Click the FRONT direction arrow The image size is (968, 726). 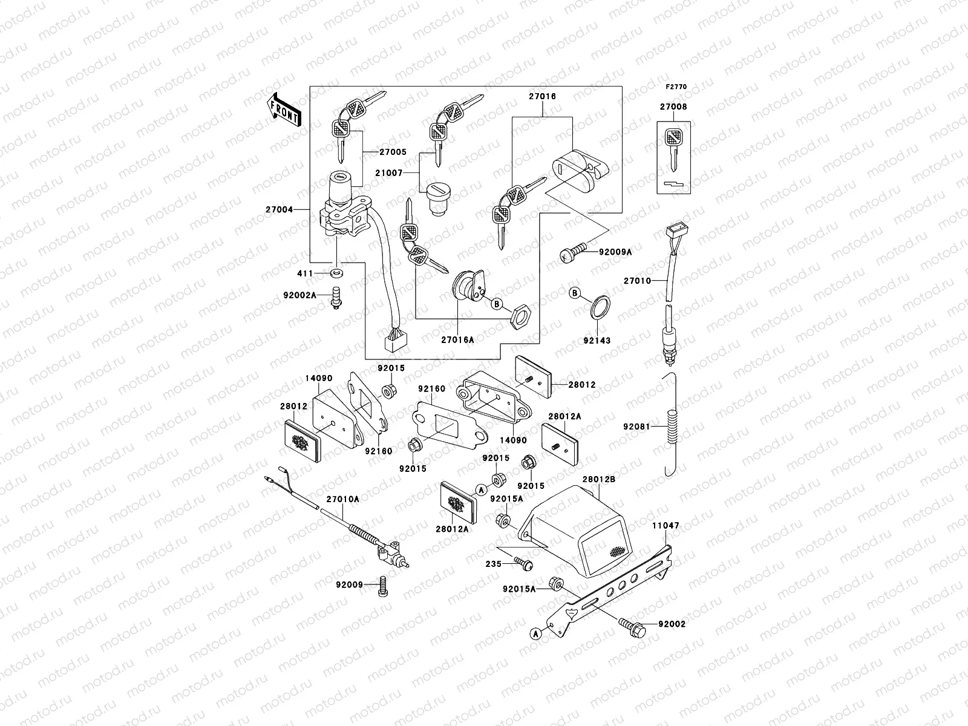click(283, 109)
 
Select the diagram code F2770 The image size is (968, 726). click(677, 87)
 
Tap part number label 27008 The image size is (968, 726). click(673, 107)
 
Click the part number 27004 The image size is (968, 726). click(279, 210)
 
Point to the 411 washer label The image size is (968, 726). click(305, 274)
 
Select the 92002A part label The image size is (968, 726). click(300, 295)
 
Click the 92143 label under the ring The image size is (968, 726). click(598, 341)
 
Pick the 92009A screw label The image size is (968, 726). click(615, 252)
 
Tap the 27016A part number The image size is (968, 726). click(457, 340)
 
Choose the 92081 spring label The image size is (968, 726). click(636, 427)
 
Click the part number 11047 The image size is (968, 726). click(665, 526)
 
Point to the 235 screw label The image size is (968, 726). click(494, 564)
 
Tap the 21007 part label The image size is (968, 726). click(405, 173)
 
